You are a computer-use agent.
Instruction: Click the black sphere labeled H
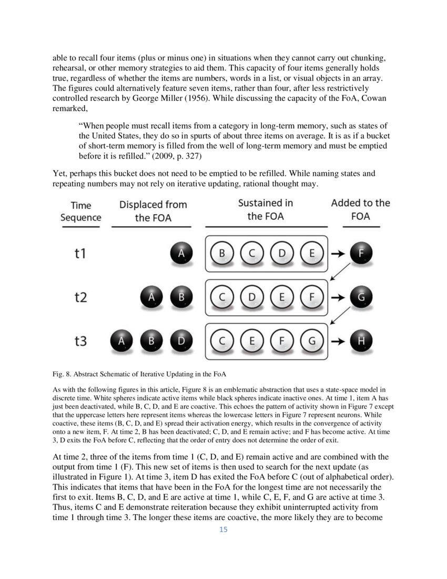pos(361,341)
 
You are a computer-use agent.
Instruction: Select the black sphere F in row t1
pos(361,253)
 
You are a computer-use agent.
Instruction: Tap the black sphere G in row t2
pos(361,297)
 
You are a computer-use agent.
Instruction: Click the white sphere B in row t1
pos(222,253)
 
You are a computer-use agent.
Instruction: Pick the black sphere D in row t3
pos(181,341)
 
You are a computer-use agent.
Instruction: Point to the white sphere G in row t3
pos(312,341)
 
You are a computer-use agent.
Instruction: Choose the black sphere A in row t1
pos(181,253)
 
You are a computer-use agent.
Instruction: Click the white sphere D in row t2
pos(252,297)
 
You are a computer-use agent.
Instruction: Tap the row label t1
pos(80,253)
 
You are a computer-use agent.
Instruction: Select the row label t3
pos(80,341)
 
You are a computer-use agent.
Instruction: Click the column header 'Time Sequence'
pos(80,211)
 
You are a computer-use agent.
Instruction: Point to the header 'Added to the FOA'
pos(361,209)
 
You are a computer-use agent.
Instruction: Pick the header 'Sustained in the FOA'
pos(266,209)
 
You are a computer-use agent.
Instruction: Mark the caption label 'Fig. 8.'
pos(63,374)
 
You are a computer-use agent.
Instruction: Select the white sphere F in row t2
pos(312,297)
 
